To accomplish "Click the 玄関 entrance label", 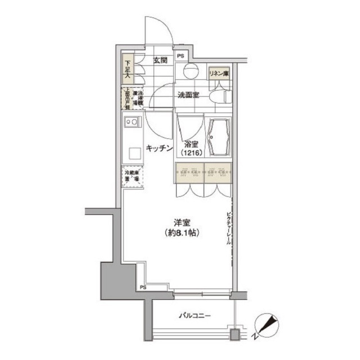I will (160, 60).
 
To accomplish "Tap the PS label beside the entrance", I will (181, 56).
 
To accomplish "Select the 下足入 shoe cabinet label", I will (128, 69).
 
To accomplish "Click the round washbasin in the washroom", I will (190, 71).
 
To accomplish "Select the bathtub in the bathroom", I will (218, 138).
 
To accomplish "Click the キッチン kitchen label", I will (159, 148).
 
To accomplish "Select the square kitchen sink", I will (134, 154).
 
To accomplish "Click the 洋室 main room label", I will (181, 222).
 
